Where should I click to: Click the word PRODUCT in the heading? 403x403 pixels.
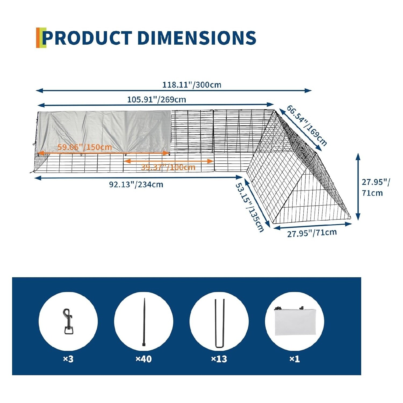[x=87, y=38]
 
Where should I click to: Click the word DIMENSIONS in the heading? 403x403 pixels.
[x=197, y=38]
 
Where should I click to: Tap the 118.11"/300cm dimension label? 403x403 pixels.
[x=192, y=85]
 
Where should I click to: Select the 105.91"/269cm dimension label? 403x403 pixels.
[x=156, y=100]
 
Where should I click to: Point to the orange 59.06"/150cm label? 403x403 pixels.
[x=85, y=147]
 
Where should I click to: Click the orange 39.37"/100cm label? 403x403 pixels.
[x=168, y=167]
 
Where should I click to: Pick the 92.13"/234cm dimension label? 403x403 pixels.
[x=136, y=185]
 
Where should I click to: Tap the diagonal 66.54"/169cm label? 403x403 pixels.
[x=307, y=125]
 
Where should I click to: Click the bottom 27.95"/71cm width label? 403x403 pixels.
[x=312, y=233]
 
